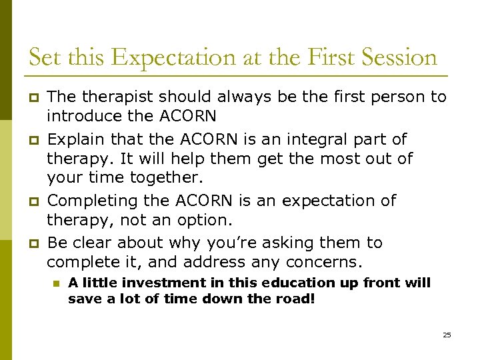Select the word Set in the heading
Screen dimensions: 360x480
43,57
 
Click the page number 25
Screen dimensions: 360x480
447,335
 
